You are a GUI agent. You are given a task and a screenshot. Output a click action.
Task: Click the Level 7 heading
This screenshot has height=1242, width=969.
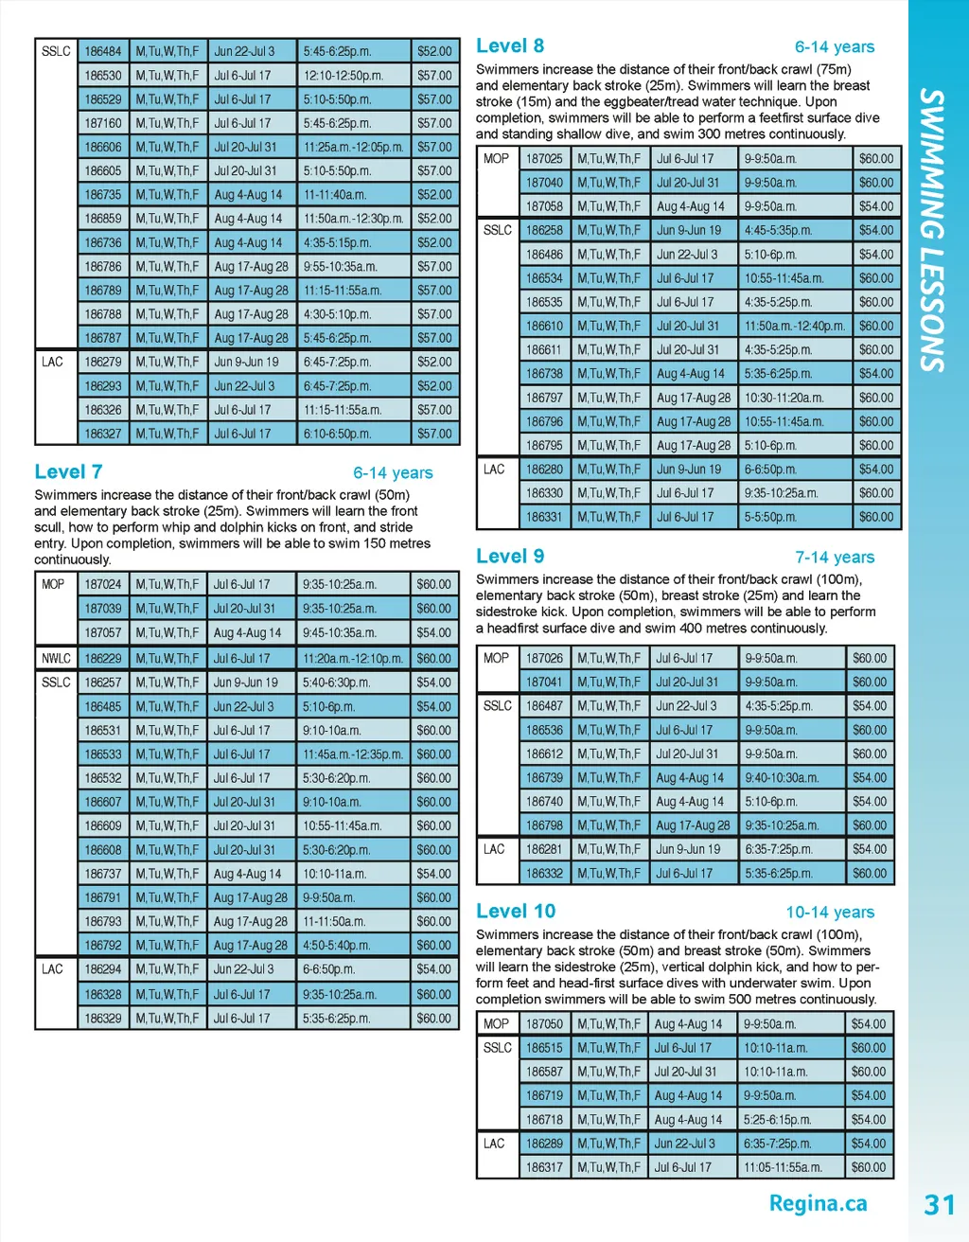point(68,471)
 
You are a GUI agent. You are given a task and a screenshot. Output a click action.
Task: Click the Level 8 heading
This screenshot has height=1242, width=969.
point(510,45)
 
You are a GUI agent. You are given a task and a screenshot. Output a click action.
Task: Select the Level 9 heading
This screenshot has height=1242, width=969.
point(510,556)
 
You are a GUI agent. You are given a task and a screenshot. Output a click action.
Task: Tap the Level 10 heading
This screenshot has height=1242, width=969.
point(516,911)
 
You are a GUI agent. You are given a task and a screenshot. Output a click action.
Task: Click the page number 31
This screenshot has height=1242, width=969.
point(939,1204)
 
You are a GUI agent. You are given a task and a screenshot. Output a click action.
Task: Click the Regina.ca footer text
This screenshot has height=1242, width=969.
point(818,1203)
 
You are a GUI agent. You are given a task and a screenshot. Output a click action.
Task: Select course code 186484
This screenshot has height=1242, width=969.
point(103,51)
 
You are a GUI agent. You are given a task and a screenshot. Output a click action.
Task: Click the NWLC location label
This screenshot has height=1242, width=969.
point(56,658)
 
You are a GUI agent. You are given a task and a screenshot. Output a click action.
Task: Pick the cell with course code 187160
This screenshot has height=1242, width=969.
point(103,123)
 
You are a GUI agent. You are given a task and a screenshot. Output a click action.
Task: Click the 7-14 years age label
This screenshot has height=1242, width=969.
point(835,557)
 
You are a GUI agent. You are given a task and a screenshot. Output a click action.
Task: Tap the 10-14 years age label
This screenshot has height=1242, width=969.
point(830,912)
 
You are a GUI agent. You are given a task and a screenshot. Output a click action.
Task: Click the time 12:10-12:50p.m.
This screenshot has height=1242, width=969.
point(343,75)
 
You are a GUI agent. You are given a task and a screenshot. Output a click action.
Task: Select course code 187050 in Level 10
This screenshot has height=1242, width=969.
point(544,1023)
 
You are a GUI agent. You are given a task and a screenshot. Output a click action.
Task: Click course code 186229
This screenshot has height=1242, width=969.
point(103,658)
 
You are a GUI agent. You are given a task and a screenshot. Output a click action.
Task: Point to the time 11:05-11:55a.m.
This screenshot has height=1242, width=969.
point(783,1167)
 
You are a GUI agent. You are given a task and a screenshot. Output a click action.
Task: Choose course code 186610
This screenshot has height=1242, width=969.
point(544,326)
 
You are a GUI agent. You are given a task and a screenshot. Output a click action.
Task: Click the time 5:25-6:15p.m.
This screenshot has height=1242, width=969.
point(777,1119)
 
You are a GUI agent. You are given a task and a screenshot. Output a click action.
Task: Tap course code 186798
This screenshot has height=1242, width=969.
point(544,825)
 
